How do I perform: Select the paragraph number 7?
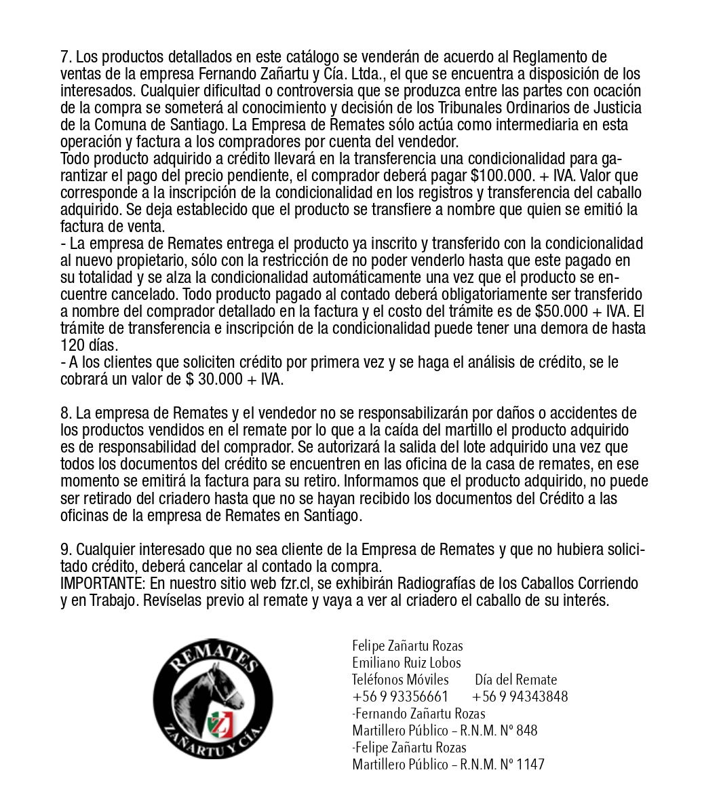tap(65, 57)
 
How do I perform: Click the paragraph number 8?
tap(65, 413)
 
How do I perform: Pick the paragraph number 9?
tap(65, 549)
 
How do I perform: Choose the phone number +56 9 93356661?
tap(400, 697)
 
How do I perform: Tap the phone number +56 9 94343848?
tap(520, 697)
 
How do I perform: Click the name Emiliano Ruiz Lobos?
tap(406, 663)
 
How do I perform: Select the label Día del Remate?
tap(515, 680)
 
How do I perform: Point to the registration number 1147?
tap(530, 765)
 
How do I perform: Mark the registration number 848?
tap(526, 731)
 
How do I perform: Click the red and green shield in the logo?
tap(220, 721)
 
